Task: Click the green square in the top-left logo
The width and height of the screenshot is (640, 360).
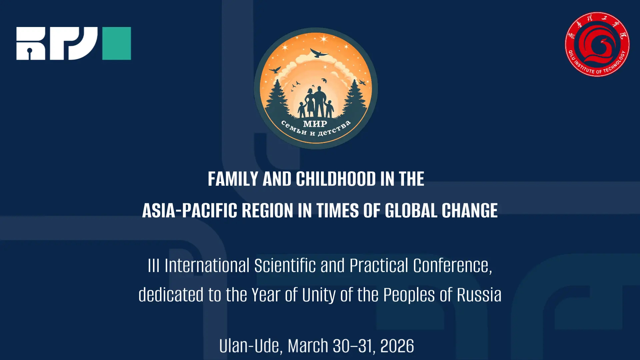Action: click(116, 43)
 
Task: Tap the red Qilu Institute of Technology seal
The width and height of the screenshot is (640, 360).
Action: click(597, 44)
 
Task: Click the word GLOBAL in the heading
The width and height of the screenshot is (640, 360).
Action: click(411, 211)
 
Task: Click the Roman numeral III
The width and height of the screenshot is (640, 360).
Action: click(154, 266)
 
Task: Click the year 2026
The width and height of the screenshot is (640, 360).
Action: click(397, 346)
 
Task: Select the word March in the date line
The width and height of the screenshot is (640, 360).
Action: click(308, 346)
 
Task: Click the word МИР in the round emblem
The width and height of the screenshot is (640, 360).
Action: click(315, 124)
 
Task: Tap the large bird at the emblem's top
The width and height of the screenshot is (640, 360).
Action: click(319, 53)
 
